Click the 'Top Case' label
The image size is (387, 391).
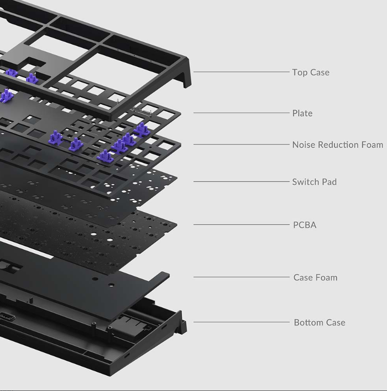coord(311,72)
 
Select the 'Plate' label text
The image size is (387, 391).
coord(302,113)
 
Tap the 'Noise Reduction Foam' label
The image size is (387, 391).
coord(338,145)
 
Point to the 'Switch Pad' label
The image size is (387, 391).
coord(314,182)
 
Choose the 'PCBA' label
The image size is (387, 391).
coord(305,225)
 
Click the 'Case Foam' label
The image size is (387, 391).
coord(315,277)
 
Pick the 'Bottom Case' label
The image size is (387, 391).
coord(319,322)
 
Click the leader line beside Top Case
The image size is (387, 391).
coord(241,72)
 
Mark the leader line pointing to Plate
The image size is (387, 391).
coord(241,113)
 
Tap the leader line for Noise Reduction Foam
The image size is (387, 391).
coord(241,144)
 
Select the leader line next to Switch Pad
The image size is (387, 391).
coord(241,181)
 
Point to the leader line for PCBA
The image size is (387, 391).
coord(241,224)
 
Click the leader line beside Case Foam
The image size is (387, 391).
coord(241,277)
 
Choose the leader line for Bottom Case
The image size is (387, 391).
coord(241,322)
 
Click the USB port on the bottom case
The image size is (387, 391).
coord(7,317)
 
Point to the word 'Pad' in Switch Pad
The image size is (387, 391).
coord(329,182)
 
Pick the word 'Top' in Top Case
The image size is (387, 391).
coord(300,73)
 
